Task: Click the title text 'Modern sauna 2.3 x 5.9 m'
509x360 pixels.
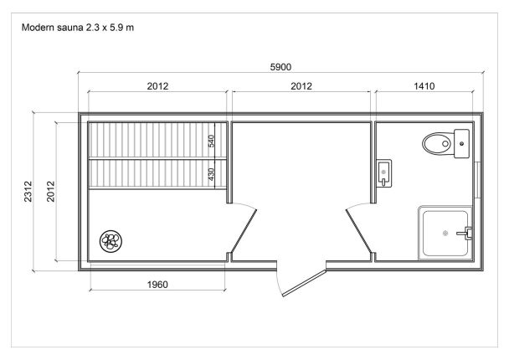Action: [x=78, y=28]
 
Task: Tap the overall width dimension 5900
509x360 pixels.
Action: [x=280, y=67]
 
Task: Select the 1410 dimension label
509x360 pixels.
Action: [x=424, y=86]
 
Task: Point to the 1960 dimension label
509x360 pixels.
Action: [x=157, y=285]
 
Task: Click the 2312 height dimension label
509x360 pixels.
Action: [x=28, y=192]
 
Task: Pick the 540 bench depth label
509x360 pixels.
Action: [x=211, y=141]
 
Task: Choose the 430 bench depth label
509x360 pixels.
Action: [x=211, y=174]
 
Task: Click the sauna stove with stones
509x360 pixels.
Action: [x=111, y=241]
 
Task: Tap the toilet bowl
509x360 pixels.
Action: [x=437, y=143]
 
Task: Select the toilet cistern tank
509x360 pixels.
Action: [x=461, y=143]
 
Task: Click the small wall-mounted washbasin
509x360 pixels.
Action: [x=384, y=173]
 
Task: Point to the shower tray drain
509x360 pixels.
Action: [x=445, y=233]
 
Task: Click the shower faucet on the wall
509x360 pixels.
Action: [x=464, y=233]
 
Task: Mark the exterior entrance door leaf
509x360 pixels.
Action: [x=304, y=283]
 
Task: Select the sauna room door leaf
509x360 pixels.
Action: [x=244, y=231]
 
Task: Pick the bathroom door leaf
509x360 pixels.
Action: [x=359, y=231]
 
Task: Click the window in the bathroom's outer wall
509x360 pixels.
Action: [x=477, y=180]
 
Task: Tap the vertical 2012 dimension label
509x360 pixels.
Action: [x=50, y=192]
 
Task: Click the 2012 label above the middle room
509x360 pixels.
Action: [x=301, y=86]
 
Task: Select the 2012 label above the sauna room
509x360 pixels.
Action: [x=157, y=86]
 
